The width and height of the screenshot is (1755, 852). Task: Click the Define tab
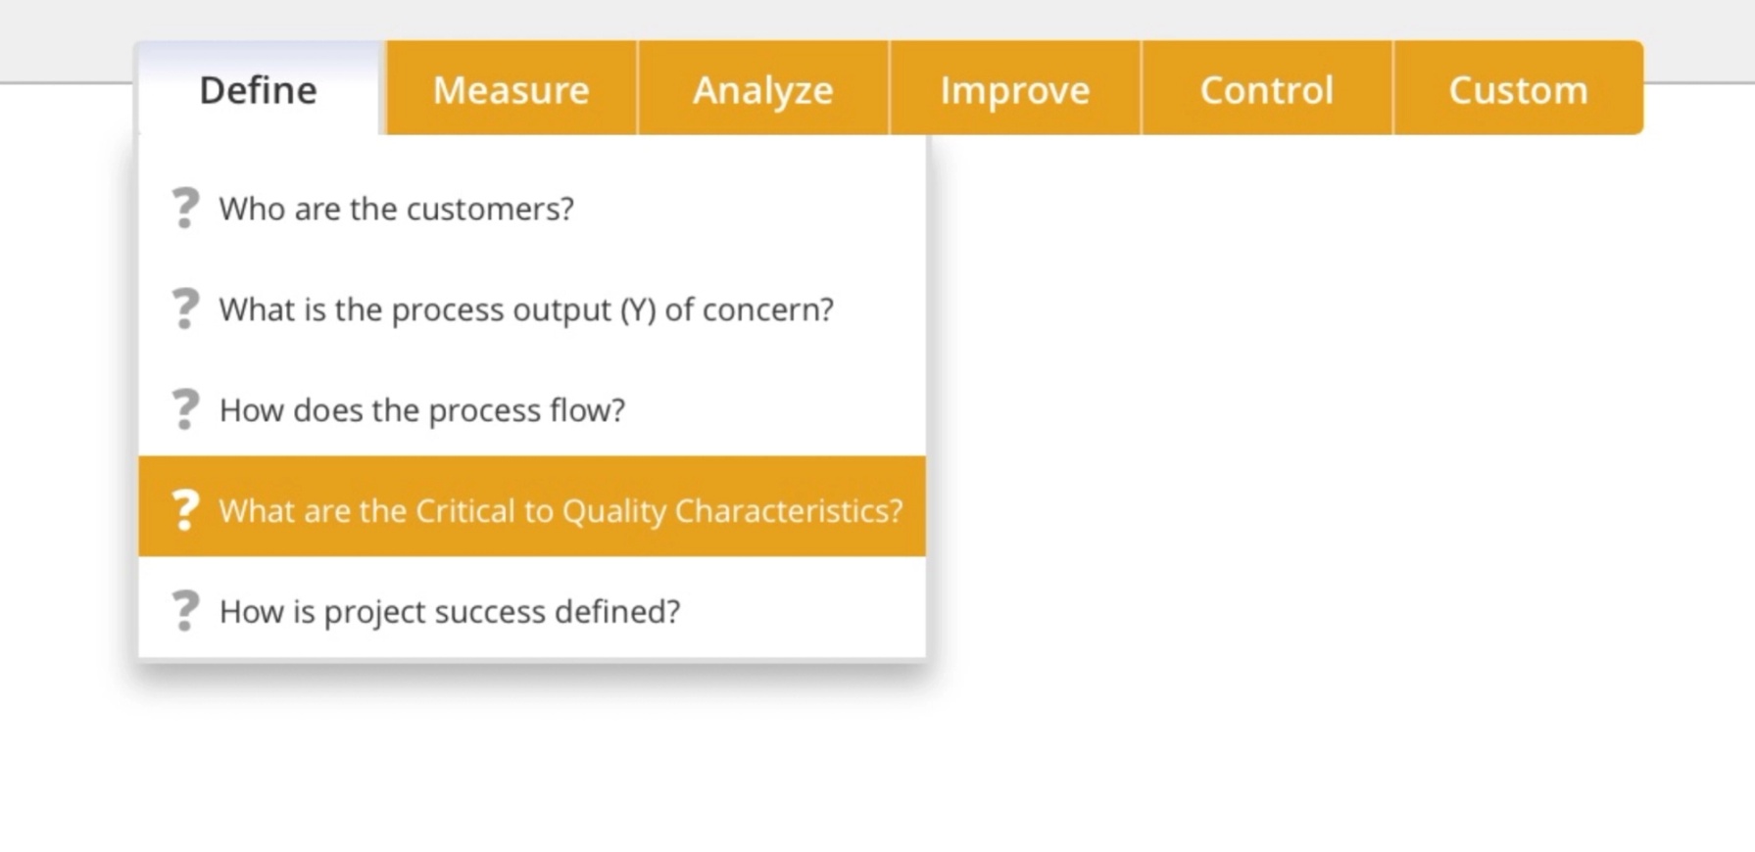pyautogui.click(x=258, y=90)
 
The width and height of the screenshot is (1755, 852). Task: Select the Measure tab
pyautogui.click(x=511, y=90)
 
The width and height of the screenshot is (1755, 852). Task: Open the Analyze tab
pyautogui.click(x=762, y=90)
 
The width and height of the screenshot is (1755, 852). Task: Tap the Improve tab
pyautogui.click(x=1014, y=90)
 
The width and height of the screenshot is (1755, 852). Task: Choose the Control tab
pyautogui.click(x=1266, y=90)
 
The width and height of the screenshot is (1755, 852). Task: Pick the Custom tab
pyautogui.click(x=1518, y=90)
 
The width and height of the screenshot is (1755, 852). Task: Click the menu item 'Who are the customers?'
pyautogui.click(x=396, y=209)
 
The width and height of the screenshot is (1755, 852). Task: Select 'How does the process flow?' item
pyautogui.click(x=421, y=410)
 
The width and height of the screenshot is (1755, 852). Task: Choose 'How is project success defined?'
pyautogui.click(x=449, y=612)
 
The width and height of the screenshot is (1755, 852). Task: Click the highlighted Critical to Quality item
pyautogui.click(x=560, y=511)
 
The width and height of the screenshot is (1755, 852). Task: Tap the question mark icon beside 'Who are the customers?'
pyautogui.click(x=184, y=209)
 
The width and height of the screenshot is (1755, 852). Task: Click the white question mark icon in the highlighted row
pyautogui.click(x=184, y=510)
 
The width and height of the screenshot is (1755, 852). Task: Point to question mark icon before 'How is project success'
pyautogui.click(x=184, y=611)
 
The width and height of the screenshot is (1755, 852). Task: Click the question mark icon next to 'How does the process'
pyautogui.click(x=184, y=409)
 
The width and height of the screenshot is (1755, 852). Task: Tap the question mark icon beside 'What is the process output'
pyautogui.click(x=184, y=308)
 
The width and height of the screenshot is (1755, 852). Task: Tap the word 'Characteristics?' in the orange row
pyautogui.click(x=788, y=511)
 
